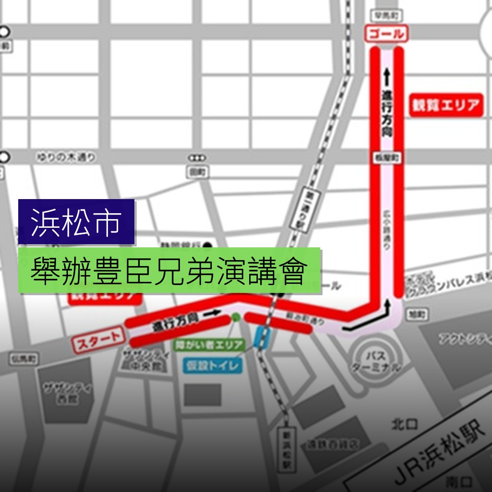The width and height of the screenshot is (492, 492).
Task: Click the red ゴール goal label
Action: [x=386, y=34]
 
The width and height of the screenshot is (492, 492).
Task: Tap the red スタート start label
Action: [x=97, y=340]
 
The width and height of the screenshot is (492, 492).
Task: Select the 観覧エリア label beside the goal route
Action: [x=446, y=105]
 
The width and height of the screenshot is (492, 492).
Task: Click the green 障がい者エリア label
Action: [x=210, y=345]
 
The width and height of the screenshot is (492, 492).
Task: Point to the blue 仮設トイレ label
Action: [x=212, y=365]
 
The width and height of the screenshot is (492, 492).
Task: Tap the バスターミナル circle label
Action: [x=376, y=361]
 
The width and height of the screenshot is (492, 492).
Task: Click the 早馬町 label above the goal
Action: [x=384, y=15]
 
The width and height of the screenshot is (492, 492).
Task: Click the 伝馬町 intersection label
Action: [x=24, y=359]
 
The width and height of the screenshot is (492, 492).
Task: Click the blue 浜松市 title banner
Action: [x=77, y=222]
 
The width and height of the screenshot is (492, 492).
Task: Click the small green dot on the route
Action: [x=236, y=318]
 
